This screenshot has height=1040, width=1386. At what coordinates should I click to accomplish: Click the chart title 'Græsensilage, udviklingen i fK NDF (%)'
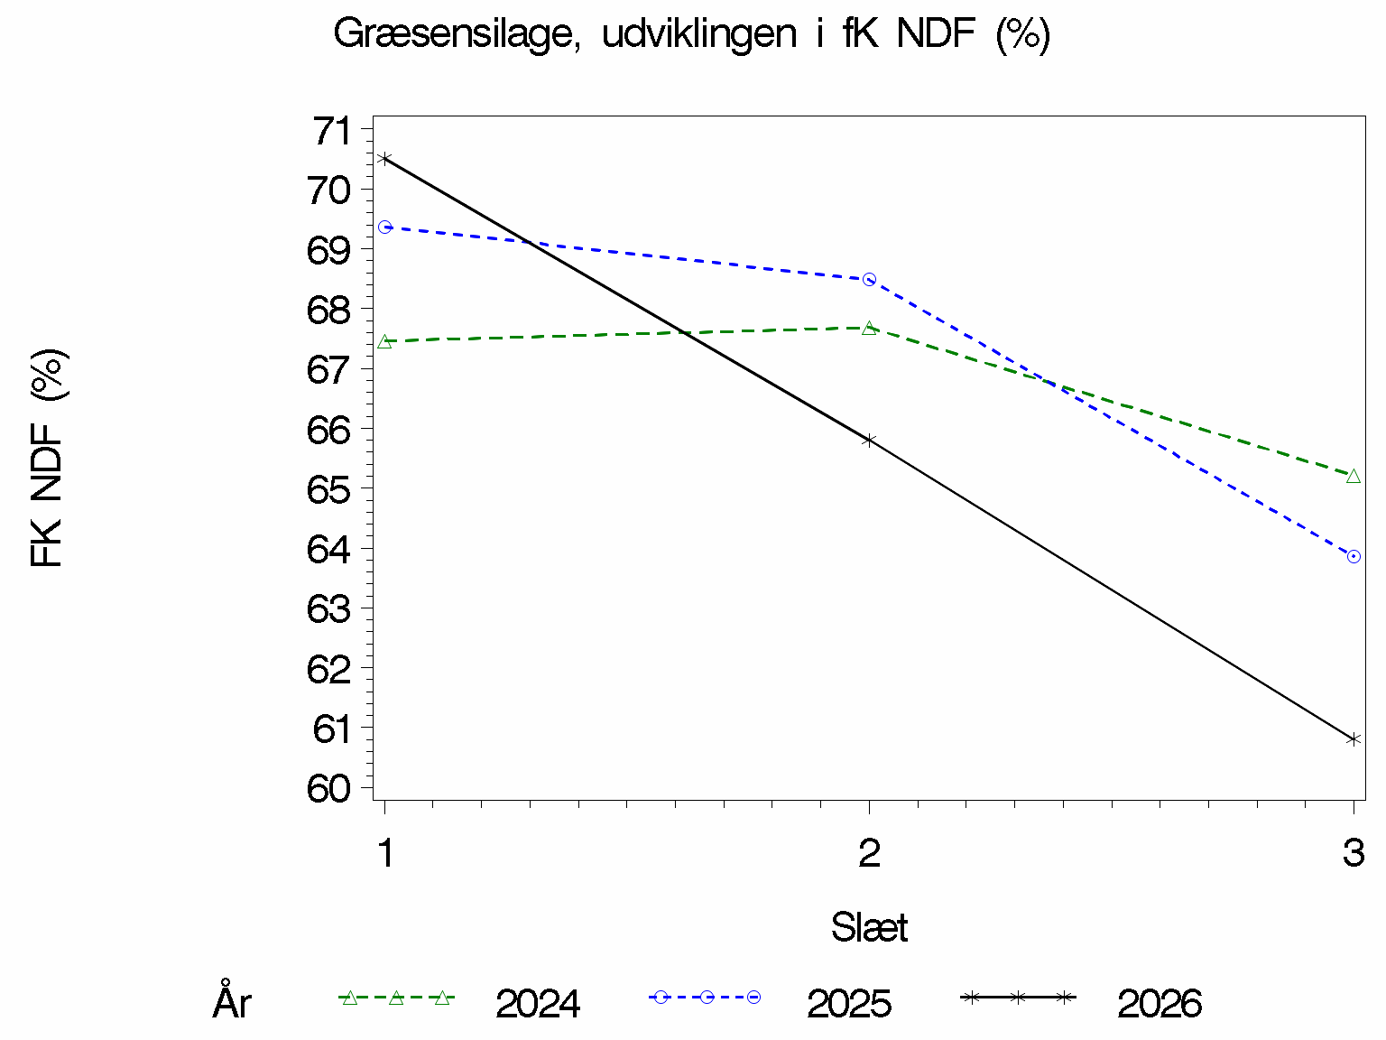click(x=692, y=34)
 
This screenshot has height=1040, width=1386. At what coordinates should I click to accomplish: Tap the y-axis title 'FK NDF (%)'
click(x=47, y=458)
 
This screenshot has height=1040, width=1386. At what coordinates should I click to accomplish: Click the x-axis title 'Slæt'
click(x=869, y=927)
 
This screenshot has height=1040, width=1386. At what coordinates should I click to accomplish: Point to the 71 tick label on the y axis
click(x=332, y=131)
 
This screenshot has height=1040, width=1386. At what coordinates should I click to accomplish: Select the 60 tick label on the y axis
click(x=328, y=788)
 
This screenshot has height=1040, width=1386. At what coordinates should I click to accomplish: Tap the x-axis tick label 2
click(x=870, y=853)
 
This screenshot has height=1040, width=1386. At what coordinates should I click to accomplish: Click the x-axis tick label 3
click(x=1354, y=853)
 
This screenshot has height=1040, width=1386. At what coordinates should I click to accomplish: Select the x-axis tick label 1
click(x=385, y=853)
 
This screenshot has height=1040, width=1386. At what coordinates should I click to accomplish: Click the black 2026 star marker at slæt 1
click(x=384, y=159)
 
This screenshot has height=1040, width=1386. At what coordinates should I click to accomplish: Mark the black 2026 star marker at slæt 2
click(x=870, y=441)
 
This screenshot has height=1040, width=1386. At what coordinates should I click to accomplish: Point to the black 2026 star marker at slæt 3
click(x=1354, y=738)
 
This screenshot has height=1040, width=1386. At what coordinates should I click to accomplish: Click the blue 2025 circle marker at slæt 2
click(x=870, y=280)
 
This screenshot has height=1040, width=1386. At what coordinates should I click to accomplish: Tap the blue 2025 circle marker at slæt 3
click(x=1354, y=556)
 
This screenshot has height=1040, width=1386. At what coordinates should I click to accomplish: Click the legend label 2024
click(x=538, y=1003)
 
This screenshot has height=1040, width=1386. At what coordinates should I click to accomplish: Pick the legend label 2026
click(x=1160, y=1003)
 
